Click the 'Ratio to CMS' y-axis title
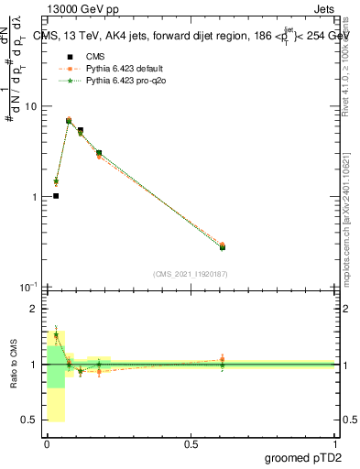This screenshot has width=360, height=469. click(14, 365)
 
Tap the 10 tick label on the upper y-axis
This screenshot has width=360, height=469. click(29, 106)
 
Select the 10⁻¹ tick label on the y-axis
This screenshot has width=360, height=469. click(27, 288)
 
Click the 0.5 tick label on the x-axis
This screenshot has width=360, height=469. click(191, 445)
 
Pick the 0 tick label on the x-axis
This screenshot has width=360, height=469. click(47, 445)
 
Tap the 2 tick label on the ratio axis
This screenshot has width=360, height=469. click(34, 310)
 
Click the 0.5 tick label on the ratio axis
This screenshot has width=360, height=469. click(30, 420)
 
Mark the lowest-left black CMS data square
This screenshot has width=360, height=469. click(56, 196)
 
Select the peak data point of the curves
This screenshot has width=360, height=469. click(69, 120)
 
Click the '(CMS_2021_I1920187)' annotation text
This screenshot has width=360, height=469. click(190, 274)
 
